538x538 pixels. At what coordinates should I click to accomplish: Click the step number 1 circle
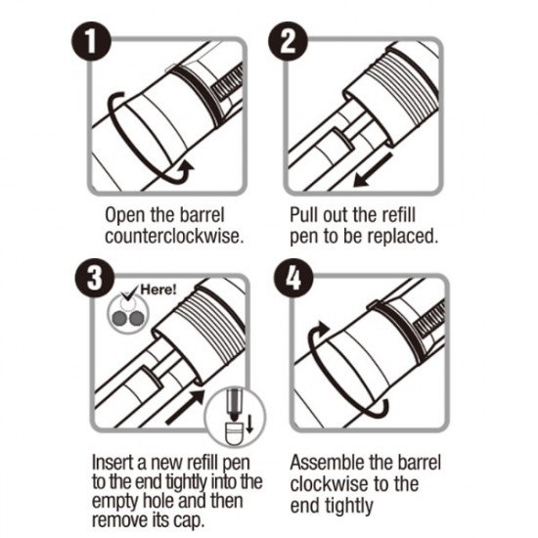[91, 42]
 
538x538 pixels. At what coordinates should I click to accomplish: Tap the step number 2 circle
[288, 41]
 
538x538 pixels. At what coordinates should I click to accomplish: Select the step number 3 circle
[95, 279]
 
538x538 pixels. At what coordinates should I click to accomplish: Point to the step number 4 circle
[293, 279]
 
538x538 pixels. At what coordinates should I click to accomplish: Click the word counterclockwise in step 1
[174, 237]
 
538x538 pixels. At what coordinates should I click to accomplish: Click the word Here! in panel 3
[158, 290]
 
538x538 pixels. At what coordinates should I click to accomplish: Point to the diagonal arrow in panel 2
[373, 170]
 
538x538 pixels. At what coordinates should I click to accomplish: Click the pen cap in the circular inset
[234, 432]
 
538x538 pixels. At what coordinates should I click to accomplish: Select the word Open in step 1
[125, 216]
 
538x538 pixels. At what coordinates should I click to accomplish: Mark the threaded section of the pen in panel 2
[401, 93]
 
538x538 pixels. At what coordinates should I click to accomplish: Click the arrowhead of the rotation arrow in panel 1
[186, 168]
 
